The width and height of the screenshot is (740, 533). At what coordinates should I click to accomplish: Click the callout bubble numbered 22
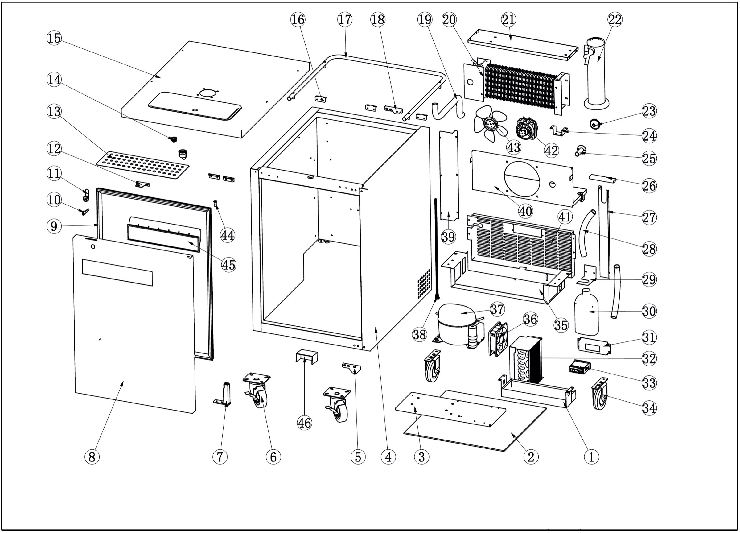tap(615, 19)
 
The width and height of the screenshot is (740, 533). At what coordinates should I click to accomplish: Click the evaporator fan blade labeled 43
tap(490, 124)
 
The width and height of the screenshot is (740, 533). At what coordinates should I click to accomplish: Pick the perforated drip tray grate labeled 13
tap(143, 165)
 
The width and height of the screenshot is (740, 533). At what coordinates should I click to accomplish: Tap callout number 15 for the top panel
tap(54, 38)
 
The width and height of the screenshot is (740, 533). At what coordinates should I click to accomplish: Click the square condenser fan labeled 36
tap(498, 339)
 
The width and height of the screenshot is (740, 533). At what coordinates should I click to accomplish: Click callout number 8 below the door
tap(92, 457)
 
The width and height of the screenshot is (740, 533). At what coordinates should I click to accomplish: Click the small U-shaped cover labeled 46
tap(307, 357)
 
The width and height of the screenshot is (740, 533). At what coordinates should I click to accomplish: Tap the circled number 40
tap(525, 211)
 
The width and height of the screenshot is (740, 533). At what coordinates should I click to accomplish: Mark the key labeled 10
tap(85, 212)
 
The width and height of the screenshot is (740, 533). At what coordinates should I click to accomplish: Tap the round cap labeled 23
tap(595, 124)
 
